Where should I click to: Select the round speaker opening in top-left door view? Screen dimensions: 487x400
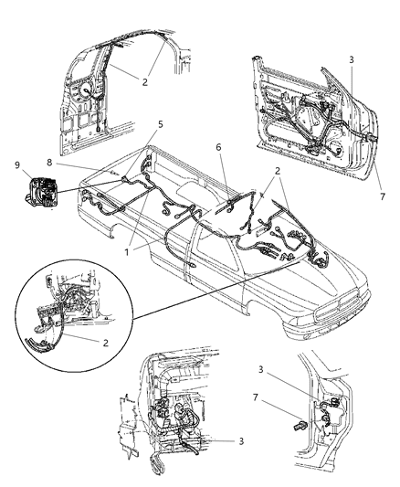89,94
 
